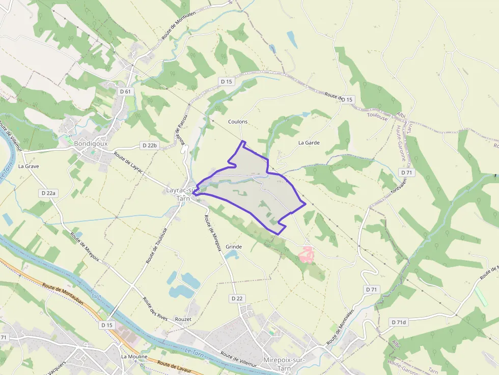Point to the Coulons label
coord(238,122)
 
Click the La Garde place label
coord(309,142)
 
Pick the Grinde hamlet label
coord(233,247)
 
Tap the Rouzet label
coord(183,319)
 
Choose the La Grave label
coord(29,166)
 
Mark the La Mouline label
coord(134,357)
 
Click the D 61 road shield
coord(125,92)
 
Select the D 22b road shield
coord(150,146)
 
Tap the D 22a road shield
coord(48,193)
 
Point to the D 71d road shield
coord(399,322)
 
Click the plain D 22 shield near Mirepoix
coord(237,299)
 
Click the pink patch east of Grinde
coord(307,254)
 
